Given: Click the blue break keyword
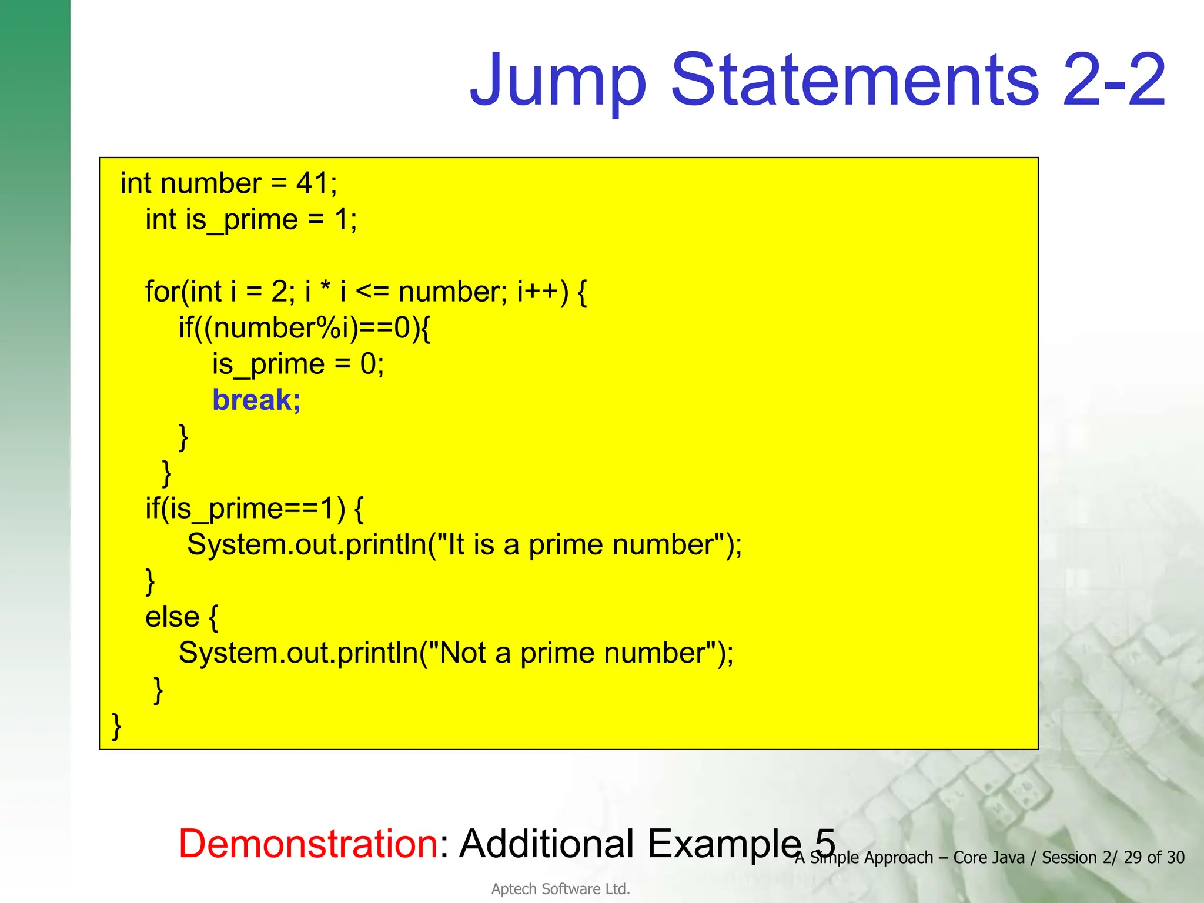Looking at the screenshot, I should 256,400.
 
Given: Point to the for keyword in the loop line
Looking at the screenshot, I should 162,292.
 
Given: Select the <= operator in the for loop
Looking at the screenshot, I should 372,292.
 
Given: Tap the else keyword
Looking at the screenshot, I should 172,617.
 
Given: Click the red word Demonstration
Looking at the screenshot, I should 308,844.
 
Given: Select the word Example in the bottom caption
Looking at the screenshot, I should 724,844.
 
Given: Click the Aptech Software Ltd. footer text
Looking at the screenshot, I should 560,889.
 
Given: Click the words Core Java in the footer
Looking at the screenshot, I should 988,858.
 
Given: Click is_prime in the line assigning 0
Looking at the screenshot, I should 268,364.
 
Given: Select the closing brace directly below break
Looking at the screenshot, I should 183,437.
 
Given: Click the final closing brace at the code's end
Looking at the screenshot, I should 116,727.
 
